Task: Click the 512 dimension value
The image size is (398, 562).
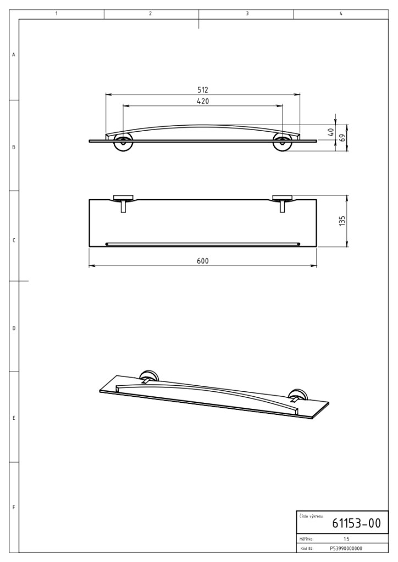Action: pos(203,89)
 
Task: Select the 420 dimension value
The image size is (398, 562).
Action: pos(203,101)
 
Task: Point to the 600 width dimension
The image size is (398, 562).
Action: pos(203,261)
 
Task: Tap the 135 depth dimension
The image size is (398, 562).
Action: pos(342,221)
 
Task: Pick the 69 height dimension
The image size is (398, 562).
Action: pos(342,138)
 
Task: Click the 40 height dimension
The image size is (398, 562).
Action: pos(331,132)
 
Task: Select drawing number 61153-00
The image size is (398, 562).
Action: pos(356,523)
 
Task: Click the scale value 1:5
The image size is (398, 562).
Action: pos(346,539)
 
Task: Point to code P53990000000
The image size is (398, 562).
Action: pos(346,548)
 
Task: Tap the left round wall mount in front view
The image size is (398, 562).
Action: pos(123,143)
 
